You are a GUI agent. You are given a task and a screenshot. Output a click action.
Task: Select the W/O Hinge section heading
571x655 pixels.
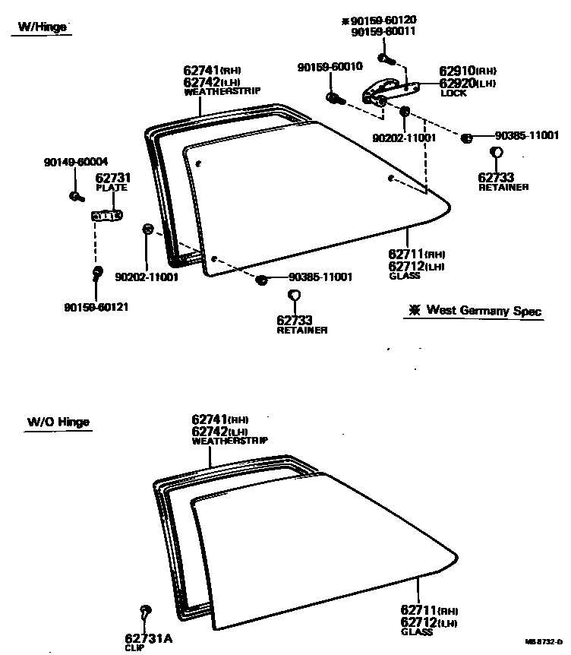pyautogui.click(x=58, y=422)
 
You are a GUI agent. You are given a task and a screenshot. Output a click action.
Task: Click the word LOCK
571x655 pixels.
pyautogui.click(x=453, y=93)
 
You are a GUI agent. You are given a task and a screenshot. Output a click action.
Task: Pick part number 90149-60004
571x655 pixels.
pyautogui.click(x=76, y=161)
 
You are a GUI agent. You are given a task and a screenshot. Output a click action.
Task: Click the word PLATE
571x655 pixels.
pyautogui.click(x=111, y=188)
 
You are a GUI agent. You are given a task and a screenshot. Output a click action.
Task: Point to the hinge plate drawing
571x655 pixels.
pyautogui.click(x=107, y=217)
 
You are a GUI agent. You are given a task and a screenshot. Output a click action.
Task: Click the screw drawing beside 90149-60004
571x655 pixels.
pyautogui.click(x=76, y=196)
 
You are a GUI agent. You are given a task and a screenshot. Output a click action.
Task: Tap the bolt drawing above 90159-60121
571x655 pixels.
pyautogui.click(x=97, y=272)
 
